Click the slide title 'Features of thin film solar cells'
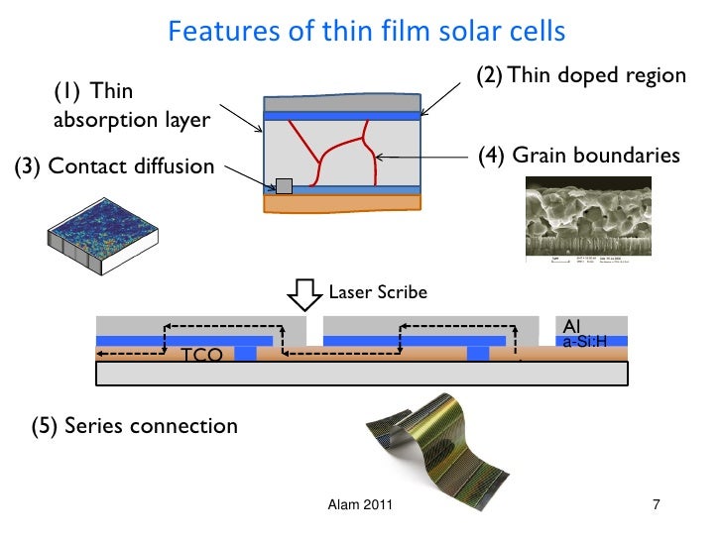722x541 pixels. click(x=366, y=32)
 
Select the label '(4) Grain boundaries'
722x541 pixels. click(x=578, y=156)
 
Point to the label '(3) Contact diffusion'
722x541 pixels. click(x=114, y=166)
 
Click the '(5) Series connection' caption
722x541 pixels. click(x=135, y=427)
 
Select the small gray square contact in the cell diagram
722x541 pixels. click(x=284, y=185)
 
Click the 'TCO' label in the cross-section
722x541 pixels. click(x=201, y=356)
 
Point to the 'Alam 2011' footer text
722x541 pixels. click(x=360, y=506)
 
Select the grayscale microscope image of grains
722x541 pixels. click(x=574, y=220)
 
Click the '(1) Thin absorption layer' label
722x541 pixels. click(x=131, y=106)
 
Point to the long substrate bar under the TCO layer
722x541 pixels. click(x=362, y=373)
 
